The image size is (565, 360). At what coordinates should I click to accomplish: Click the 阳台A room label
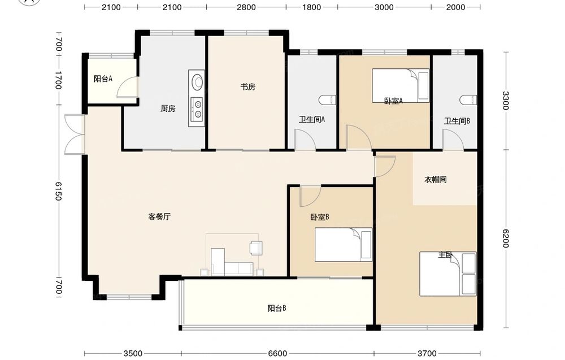pyautogui.click(x=103, y=79)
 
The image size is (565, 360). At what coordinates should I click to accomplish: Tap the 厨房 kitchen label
pyautogui.click(x=168, y=108)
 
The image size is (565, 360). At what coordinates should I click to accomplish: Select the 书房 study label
pyautogui.click(x=248, y=87)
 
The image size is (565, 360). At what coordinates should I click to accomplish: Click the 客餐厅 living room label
pyautogui.click(x=159, y=216)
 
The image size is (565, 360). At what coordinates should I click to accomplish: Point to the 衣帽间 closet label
pyautogui.click(x=436, y=180)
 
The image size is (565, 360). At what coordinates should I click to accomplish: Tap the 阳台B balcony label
pyautogui.click(x=277, y=309)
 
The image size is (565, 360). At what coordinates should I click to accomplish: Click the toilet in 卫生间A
pyautogui.click(x=328, y=100)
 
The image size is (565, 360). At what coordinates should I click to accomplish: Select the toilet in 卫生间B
pyautogui.click(x=468, y=100)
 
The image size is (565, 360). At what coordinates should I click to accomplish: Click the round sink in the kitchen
pyautogui.click(x=197, y=81)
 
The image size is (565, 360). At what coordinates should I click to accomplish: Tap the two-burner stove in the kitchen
pyautogui.click(x=197, y=109)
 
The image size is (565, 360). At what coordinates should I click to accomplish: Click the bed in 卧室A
pyautogui.click(x=401, y=86)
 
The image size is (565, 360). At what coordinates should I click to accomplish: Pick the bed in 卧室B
pyautogui.click(x=344, y=245)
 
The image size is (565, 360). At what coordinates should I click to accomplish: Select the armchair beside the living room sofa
pyautogui.click(x=256, y=248)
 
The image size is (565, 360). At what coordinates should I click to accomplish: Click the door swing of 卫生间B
pyautogui.click(x=453, y=140)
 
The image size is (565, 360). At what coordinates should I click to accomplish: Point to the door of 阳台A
pyautogui.click(x=127, y=87)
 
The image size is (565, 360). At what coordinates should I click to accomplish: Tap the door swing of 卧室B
pyautogui.click(x=310, y=196)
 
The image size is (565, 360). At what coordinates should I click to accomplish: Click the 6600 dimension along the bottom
pyautogui.click(x=277, y=354)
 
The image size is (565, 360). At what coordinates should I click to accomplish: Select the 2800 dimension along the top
pyautogui.click(x=246, y=7)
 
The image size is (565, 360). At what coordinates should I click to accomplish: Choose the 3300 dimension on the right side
pyautogui.click(x=505, y=101)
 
